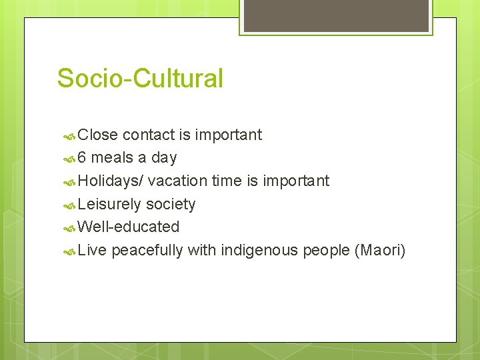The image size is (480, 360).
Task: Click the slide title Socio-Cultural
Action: pyautogui.click(x=140, y=79)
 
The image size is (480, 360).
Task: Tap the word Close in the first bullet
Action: pyautogui.click(x=97, y=135)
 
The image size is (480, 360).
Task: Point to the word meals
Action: pyautogui.click(x=112, y=158)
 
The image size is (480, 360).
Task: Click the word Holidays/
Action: pyautogui.click(x=111, y=181)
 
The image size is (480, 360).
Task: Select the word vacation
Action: pyautogui.click(x=177, y=181)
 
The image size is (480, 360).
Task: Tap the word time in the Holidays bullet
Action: pyautogui.click(x=227, y=181)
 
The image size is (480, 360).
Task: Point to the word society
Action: pyautogui.click(x=171, y=205)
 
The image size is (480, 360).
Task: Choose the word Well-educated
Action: pyautogui.click(x=129, y=227)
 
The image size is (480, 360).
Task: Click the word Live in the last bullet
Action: pyautogui.click(x=92, y=251)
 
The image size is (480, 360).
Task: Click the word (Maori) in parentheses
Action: pyautogui.click(x=380, y=251)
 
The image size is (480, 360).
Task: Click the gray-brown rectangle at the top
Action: pyautogui.click(x=336, y=15)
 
